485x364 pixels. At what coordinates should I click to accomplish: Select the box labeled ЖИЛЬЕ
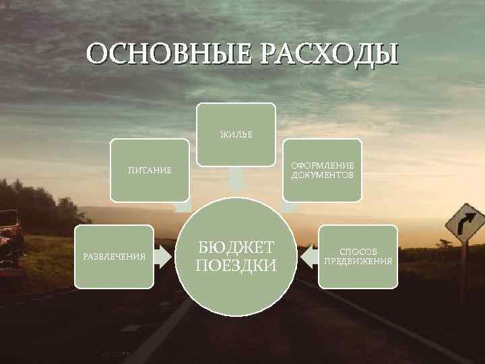click(x=236, y=134)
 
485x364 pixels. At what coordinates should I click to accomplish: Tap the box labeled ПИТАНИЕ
click(x=150, y=170)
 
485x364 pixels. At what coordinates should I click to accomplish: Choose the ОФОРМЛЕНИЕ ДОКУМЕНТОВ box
click(x=322, y=170)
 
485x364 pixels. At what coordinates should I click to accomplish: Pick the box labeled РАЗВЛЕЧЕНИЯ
click(x=114, y=256)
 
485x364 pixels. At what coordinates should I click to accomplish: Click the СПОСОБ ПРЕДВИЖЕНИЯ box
click(x=358, y=256)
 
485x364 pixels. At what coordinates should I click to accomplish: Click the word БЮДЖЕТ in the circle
click(x=236, y=246)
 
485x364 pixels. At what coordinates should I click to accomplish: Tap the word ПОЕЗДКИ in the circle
click(x=236, y=266)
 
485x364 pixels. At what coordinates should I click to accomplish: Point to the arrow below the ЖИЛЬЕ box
click(x=236, y=179)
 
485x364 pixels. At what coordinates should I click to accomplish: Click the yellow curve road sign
click(x=465, y=222)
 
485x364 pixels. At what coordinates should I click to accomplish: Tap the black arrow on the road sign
click(x=465, y=222)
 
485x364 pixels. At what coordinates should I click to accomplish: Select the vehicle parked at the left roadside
click(x=11, y=236)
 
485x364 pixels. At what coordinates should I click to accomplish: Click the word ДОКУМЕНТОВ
click(x=322, y=175)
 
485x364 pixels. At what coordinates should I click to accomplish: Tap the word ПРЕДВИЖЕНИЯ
click(x=358, y=261)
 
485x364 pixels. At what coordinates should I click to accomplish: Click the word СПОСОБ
click(x=358, y=251)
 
